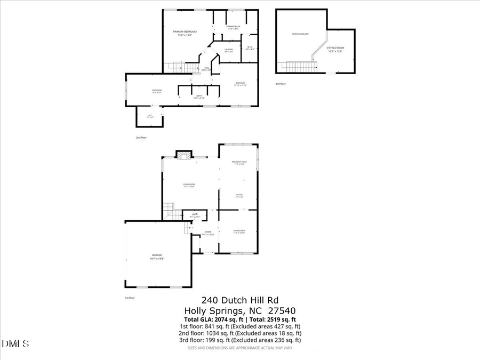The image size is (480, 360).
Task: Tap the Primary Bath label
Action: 234,27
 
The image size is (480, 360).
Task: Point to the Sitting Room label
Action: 335,48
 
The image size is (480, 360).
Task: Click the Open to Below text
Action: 300,34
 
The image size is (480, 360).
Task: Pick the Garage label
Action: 157,255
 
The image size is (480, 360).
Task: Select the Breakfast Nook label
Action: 238,162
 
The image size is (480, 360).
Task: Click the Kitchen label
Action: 239,195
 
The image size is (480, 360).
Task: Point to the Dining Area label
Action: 238,231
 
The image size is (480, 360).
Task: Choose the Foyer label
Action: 207,232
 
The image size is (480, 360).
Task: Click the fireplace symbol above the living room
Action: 183,155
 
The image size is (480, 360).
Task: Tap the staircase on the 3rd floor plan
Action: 301,67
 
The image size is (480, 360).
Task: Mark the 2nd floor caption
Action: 140,138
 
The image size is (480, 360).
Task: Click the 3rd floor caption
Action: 281,84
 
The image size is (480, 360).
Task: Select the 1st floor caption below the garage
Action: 130,298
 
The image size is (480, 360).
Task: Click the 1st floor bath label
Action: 194,215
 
